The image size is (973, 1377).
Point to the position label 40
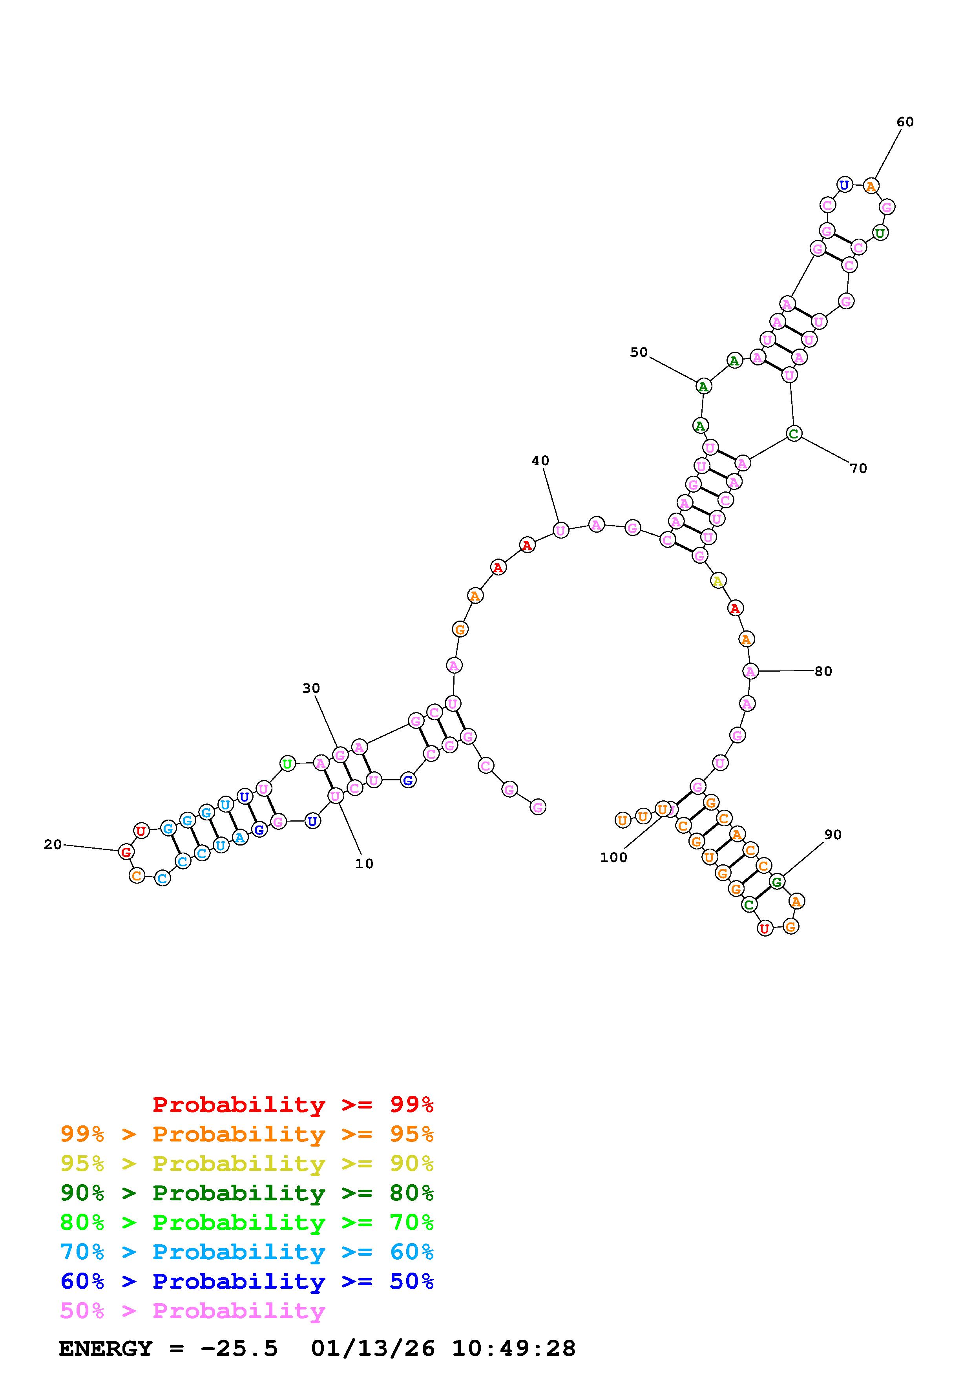tap(540, 460)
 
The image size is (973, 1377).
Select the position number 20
tap(53, 844)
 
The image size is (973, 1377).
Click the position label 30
tap(311, 688)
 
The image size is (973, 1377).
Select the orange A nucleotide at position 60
tap(871, 186)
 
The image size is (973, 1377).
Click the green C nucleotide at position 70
tap(794, 434)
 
